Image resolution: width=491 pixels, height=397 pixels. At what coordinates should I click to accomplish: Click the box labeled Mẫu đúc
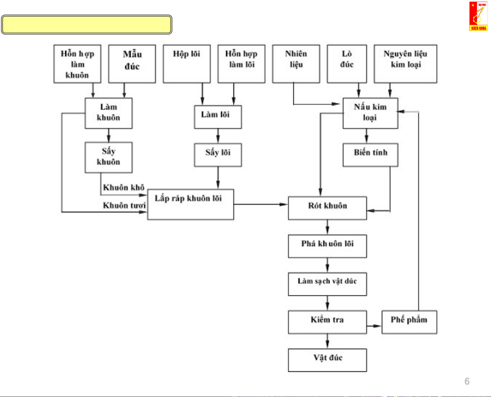(132, 64)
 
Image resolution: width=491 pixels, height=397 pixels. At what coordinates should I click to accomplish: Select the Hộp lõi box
(187, 64)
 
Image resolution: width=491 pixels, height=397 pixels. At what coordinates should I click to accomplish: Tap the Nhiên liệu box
(296, 64)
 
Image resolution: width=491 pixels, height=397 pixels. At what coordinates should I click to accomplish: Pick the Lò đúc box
(347, 64)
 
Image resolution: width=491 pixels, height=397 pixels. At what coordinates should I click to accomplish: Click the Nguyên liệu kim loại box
(405, 64)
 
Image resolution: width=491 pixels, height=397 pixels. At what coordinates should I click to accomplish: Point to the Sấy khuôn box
(108, 157)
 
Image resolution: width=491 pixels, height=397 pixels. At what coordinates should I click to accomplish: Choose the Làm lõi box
(218, 117)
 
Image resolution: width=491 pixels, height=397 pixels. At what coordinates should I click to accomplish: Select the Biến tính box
(370, 155)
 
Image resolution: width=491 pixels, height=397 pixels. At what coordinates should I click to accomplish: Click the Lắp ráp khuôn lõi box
(190, 204)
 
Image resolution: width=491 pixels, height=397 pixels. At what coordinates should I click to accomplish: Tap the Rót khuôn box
(327, 208)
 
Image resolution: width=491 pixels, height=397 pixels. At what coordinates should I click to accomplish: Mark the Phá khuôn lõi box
(327, 246)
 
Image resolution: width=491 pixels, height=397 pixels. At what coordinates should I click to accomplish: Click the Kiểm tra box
(327, 322)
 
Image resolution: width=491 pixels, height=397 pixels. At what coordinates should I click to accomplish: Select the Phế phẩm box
(409, 322)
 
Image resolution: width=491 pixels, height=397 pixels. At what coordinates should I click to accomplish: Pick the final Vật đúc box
(327, 360)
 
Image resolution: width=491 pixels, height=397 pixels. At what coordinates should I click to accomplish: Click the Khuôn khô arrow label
(124, 188)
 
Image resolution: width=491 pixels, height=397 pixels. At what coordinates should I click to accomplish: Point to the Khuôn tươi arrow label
(124, 205)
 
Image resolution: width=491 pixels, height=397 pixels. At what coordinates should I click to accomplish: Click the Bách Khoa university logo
(478, 16)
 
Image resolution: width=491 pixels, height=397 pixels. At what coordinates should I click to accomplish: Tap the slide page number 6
(467, 381)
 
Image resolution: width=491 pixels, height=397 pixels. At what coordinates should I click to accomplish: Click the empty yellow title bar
(87, 25)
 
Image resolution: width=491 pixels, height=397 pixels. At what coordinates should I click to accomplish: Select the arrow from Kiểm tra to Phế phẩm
(374, 326)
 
